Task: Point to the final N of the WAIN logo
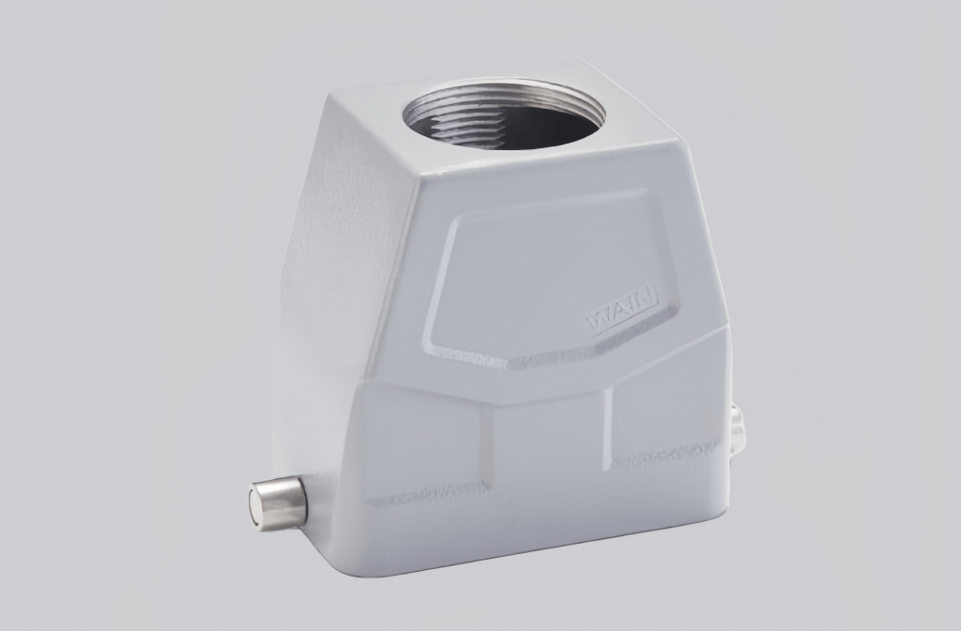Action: point(650,300)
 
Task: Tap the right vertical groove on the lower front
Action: point(610,427)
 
